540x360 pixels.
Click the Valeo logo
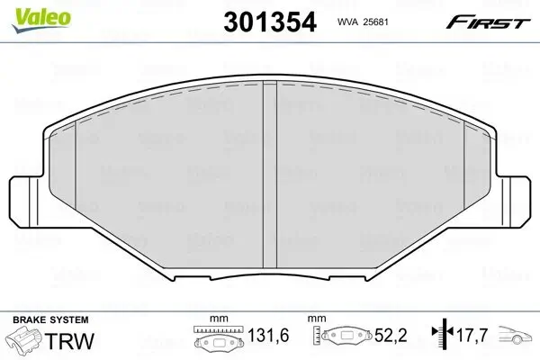click(41, 20)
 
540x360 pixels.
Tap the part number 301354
click(270, 22)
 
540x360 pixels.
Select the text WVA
click(348, 22)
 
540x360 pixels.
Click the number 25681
click(375, 22)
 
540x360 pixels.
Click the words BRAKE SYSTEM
click(50, 320)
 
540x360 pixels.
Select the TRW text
click(69, 341)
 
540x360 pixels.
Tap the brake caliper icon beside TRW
click(25, 339)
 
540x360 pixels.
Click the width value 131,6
click(268, 335)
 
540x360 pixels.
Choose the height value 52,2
click(391, 335)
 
